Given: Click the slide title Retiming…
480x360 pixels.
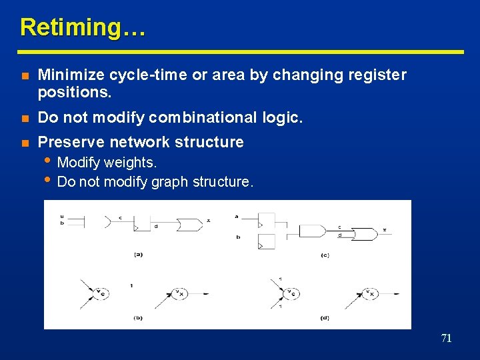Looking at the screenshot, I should click(82, 27).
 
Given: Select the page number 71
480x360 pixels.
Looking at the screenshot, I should click(446, 339).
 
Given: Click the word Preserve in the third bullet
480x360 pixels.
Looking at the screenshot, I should click(71, 142).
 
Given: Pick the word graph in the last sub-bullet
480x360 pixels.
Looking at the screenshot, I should click(168, 181).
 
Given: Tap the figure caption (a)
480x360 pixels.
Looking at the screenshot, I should click(138, 254).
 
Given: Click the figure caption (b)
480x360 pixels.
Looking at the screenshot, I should click(138, 317).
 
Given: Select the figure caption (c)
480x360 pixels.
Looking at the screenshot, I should click(325, 255).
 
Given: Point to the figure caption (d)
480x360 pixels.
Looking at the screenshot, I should click(325, 318).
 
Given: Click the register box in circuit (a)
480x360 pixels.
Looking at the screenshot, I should click(142, 223).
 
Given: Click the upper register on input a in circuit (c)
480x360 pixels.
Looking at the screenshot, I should click(266, 221).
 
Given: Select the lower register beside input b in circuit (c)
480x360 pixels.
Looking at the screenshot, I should click(266, 241).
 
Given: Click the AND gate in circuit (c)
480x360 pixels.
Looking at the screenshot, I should click(311, 231).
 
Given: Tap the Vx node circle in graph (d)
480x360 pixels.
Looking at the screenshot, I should click(369, 293).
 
